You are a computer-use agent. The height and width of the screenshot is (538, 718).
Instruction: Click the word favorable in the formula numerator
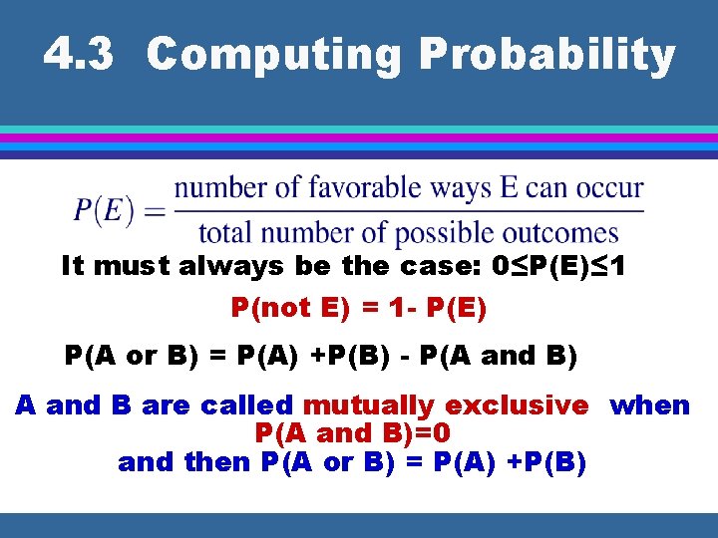click(364, 187)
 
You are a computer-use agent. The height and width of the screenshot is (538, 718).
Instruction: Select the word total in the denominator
click(225, 233)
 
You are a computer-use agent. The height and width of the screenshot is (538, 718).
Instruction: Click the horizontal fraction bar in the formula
click(409, 210)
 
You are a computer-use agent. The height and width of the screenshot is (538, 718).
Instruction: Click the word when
click(649, 405)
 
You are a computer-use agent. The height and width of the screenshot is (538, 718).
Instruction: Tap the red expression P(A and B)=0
click(353, 433)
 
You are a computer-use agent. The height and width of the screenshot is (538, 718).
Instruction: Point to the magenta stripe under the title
click(359, 137)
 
